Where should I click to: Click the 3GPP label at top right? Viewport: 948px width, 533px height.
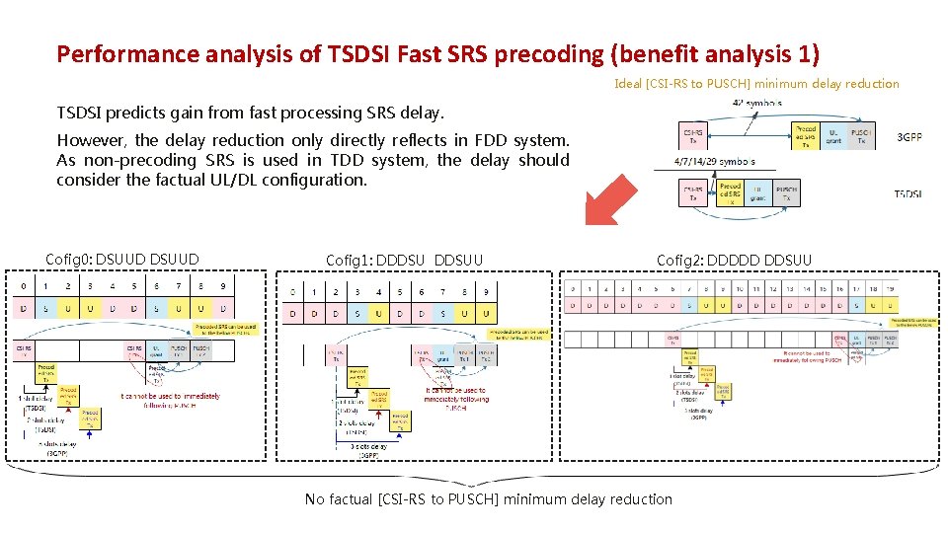(x=908, y=137)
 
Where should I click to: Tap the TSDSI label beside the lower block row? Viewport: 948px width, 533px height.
(x=908, y=194)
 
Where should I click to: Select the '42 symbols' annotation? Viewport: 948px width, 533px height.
(x=757, y=102)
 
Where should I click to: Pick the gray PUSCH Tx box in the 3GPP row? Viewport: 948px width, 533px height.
(x=861, y=136)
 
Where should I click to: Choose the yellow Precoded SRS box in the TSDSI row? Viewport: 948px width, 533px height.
(x=730, y=191)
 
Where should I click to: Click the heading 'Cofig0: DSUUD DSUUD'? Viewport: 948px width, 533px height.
(x=122, y=260)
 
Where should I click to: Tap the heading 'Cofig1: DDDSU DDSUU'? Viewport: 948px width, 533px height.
(x=404, y=261)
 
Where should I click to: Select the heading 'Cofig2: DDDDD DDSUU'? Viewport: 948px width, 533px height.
(x=734, y=261)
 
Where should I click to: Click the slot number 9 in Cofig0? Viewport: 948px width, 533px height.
(x=223, y=287)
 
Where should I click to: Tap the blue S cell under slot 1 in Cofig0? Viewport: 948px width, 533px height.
(x=45, y=310)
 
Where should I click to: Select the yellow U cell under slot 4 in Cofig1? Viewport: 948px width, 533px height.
(x=379, y=314)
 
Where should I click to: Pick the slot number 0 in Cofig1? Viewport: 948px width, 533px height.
(x=292, y=292)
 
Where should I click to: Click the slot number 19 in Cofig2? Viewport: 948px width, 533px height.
(x=889, y=288)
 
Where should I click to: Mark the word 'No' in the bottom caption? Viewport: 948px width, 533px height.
(x=315, y=499)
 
